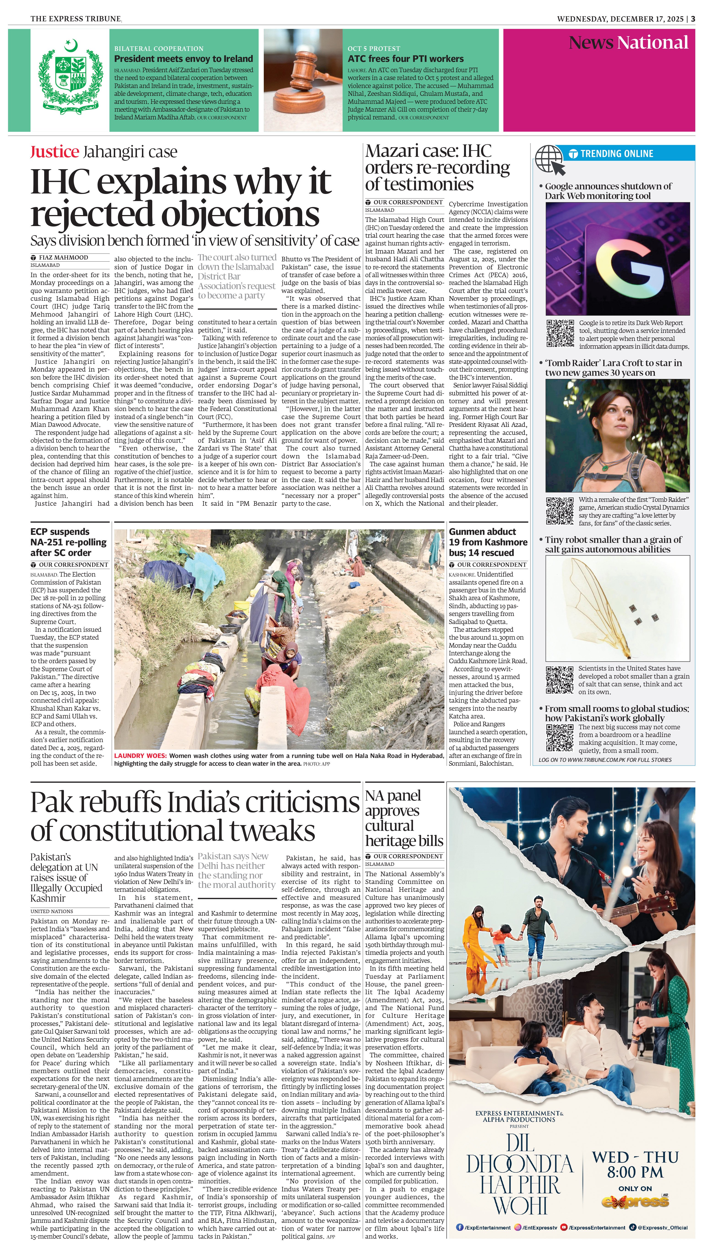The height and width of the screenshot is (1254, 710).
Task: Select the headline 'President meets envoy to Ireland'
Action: tap(183, 59)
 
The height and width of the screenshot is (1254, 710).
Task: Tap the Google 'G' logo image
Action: tap(617, 259)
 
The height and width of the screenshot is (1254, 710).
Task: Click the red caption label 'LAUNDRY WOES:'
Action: tap(140, 756)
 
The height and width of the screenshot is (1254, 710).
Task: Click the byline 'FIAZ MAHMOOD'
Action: tap(63, 257)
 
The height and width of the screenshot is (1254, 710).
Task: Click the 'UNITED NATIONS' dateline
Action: tap(52, 911)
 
